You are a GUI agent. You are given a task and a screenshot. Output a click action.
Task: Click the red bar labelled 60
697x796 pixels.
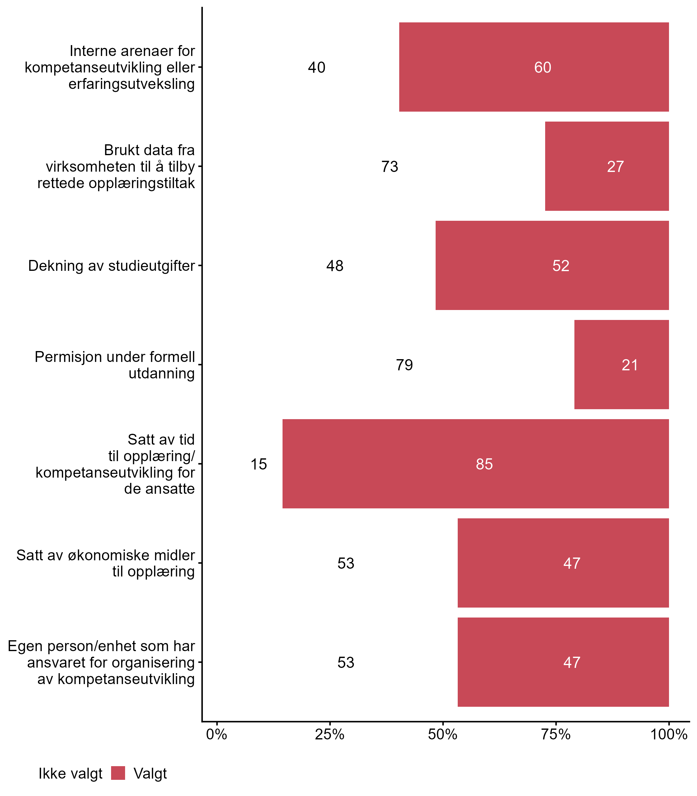[x=534, y=67]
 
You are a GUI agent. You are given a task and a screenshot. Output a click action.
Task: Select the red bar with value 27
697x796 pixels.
[x=607, y=166]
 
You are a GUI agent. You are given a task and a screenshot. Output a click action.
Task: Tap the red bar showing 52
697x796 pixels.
[x=552, y=266]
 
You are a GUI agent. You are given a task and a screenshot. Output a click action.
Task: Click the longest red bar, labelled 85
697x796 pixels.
[x=475, y=464]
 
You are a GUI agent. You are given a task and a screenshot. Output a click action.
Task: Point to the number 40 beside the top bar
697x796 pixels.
[x=317, y=68]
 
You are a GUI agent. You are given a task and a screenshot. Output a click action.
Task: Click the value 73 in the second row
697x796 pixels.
[x=390, y=167]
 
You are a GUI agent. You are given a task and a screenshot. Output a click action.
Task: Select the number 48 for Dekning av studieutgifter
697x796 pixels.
[x=335, y=266]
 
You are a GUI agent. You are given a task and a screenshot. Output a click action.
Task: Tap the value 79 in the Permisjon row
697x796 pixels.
[x=405, y=365]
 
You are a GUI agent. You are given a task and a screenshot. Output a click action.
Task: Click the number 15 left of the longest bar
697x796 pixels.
[x=259, y=464]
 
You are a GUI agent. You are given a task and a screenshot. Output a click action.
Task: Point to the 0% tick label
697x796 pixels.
[x=217, y=734]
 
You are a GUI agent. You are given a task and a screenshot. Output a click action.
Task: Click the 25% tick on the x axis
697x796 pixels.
[x=330, y=734]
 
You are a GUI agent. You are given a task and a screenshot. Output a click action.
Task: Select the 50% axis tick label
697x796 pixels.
[x=442, y=734]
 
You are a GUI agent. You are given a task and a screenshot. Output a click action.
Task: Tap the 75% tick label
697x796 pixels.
[x=556, y=734]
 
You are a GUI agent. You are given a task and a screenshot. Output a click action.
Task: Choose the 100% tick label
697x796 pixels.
[x=669, y=734]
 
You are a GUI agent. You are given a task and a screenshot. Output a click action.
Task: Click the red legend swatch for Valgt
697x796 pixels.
[x=118, y=773]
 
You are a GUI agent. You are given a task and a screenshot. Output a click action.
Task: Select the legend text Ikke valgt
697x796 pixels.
[x=70, y=774]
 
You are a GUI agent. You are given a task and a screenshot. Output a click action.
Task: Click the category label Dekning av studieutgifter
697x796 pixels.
[x=112, y=266]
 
